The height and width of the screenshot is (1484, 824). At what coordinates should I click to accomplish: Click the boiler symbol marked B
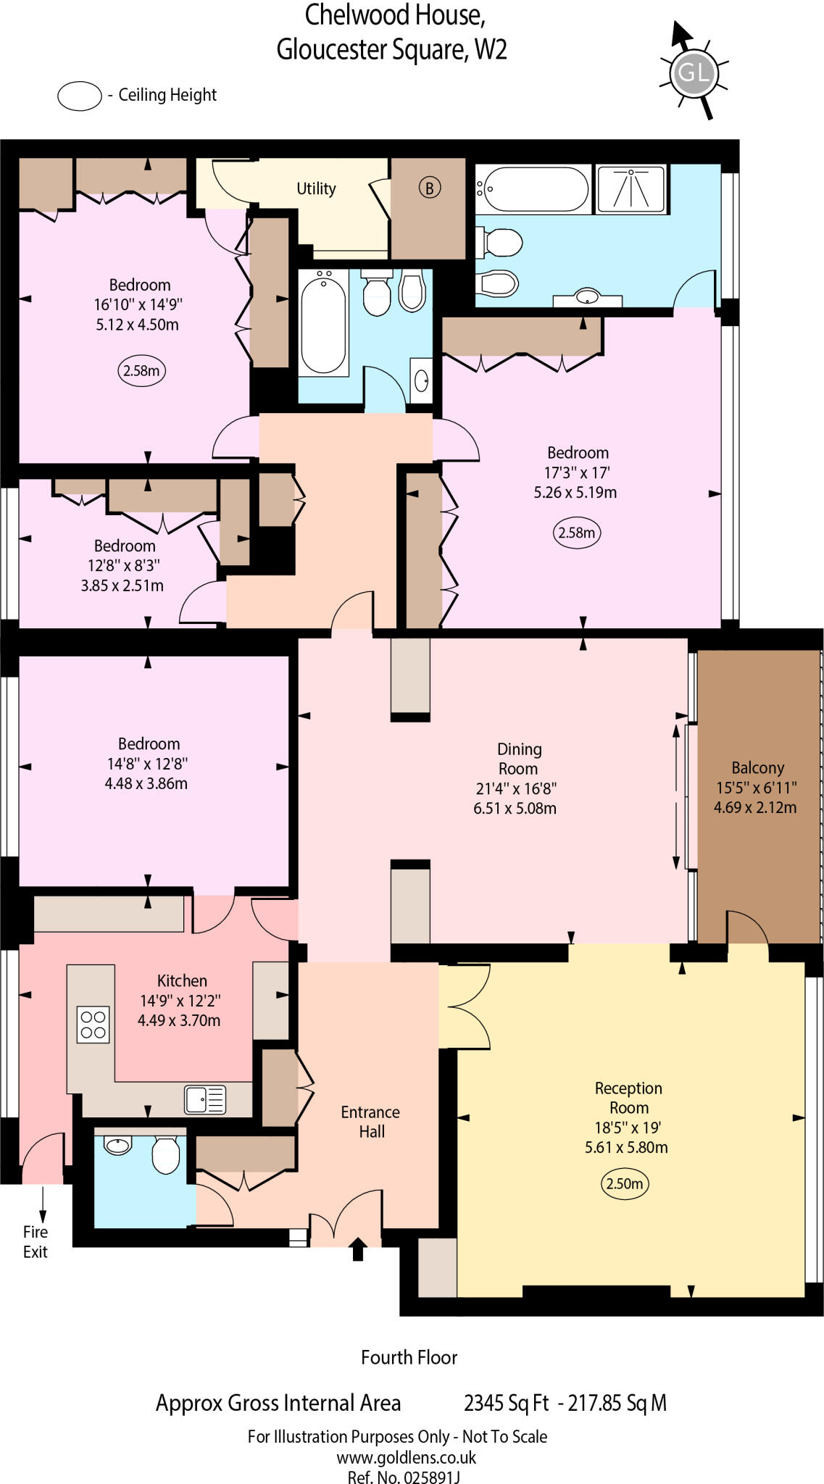click(x=429, y=188)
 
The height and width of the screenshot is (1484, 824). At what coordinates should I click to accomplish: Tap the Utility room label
click(x=316, y=189)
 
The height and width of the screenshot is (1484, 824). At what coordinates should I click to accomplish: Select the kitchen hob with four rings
click(x=93, y=1025)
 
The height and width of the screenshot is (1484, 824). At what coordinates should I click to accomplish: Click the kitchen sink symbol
click(x=205, y=1099)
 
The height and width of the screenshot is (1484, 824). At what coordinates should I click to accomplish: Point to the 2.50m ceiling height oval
click(x=624, y=1184)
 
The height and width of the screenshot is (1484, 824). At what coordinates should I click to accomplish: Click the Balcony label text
click(x=757, y=768)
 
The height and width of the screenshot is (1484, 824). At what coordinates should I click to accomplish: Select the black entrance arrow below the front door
click(x=358, y=1249)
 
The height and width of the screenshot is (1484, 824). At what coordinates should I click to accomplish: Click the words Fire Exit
click(x=35, y=1242)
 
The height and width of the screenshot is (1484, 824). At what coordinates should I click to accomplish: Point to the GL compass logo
click(x=693, y=72)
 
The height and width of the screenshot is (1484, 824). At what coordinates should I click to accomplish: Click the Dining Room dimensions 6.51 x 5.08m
click(x=515, y=809)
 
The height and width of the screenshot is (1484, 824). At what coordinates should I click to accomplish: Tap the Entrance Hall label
click(x=370, y=1122)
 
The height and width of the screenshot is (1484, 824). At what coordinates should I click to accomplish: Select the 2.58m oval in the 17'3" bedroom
click(x=576, y=533)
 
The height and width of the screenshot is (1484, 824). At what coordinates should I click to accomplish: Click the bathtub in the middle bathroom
click(x=323, y=322)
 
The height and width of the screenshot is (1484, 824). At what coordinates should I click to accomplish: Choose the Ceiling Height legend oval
click(x=80, y=96)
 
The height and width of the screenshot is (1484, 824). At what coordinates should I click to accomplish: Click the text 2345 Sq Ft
click(x=506, y=1403)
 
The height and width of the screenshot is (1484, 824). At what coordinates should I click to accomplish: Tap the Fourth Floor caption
click(x=409, y=1357)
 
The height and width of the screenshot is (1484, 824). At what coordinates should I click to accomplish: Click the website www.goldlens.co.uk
click(x=406, y=1457)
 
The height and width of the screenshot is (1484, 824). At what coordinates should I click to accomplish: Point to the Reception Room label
click(x=628, y=1098)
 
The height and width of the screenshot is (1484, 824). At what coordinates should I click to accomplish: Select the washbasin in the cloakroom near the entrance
click(x=117, y=1146)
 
